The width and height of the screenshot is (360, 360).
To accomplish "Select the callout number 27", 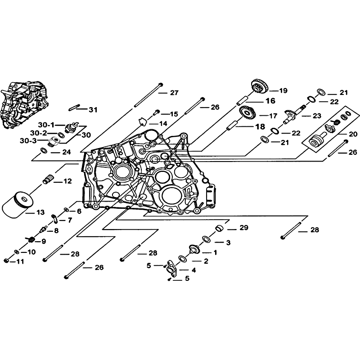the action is (174, 93).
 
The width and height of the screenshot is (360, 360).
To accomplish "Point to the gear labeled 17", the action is (247, 113).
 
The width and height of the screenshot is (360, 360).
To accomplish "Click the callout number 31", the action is (93, 110).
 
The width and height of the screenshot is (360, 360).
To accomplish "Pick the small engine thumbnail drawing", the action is (25, 104).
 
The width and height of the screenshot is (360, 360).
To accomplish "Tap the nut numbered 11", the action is (6, 261).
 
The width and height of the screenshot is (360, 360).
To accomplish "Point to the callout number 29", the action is (244, 228).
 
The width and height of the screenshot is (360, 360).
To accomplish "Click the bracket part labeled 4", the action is (172, 268).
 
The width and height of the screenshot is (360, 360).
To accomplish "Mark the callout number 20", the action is (353, 134).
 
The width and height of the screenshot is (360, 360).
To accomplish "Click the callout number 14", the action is (163, 124).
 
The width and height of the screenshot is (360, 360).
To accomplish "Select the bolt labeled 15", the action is (156, 112).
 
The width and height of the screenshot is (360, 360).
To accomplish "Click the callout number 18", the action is (261, 127).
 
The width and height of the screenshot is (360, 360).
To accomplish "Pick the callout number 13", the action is (40, 212).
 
